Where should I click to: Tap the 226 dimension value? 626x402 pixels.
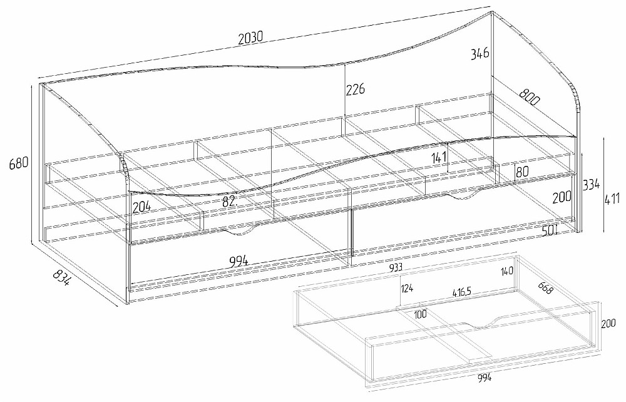coord(356,90)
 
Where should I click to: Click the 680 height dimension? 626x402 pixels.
coord(19,164)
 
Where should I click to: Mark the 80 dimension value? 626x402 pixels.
coord(523,170)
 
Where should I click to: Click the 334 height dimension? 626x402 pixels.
coord(592,185)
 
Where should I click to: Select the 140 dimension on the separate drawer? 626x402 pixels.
coord(507,271)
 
